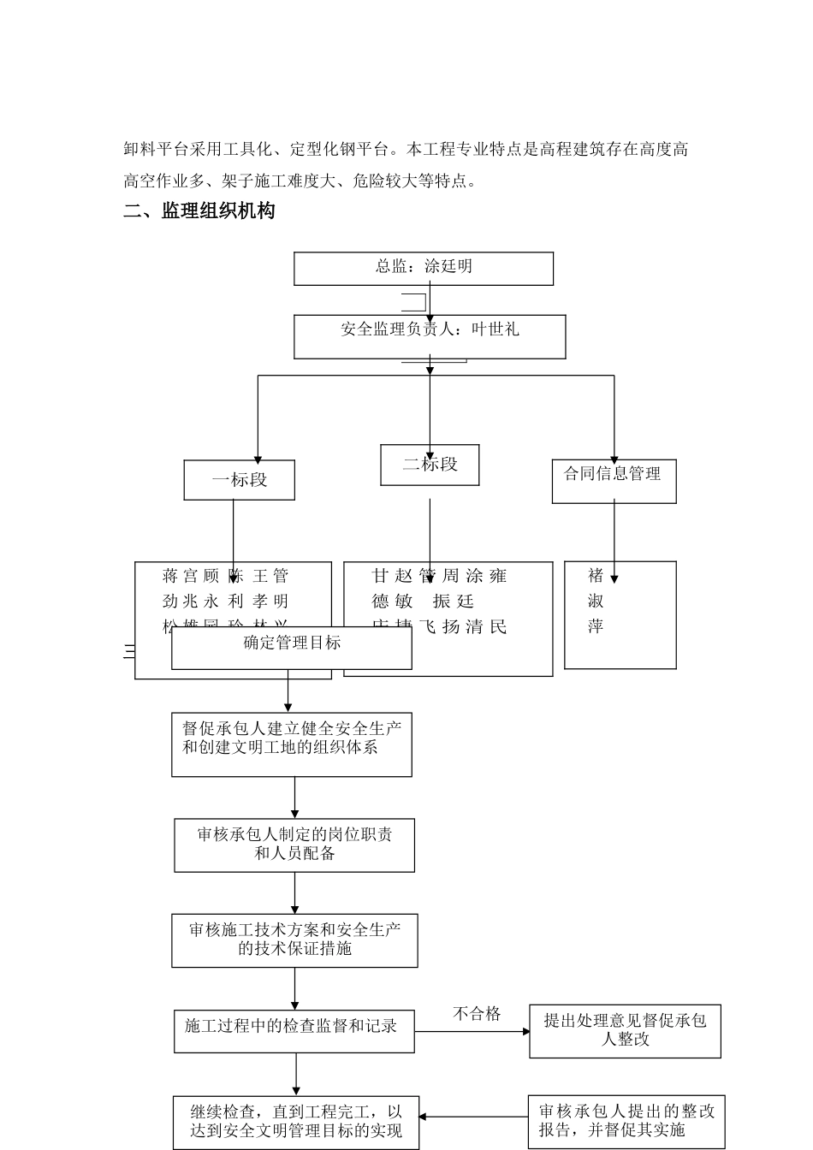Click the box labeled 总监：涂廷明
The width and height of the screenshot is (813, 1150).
pyautogui.click(x=424, y=268)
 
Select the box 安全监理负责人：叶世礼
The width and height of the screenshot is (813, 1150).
pyautogui.click(x=430, y=336)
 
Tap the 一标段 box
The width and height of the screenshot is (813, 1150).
pyautogui.click(x=240, y=480)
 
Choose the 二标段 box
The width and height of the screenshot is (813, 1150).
pyautogui.click(x=430, y=465)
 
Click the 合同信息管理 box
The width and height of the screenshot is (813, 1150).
pyautogui.click(x=614, y=481)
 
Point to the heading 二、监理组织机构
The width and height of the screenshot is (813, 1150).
pyautogui.click(x=199, y=211)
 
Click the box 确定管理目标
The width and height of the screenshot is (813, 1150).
pyautogui.click(x=292, y=649)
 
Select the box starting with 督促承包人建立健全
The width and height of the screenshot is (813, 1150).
pyautogui.click(x=292, y=744)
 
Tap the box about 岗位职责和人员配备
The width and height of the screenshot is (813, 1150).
pyautogui.click(x=294, y=845)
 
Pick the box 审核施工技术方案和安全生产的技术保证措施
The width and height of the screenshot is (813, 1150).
pyautogui.click(x=294, y=940)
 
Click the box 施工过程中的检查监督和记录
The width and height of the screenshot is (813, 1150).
pyautogui.click(x=294, y=1030)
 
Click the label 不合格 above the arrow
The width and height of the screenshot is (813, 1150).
pyautogui.click(x=477, y=1014)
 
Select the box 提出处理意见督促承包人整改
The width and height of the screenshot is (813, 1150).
pyautogui.click(x=625, y=1030)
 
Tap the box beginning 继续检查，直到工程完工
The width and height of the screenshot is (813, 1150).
pyautogui.click(x=296, y=1122)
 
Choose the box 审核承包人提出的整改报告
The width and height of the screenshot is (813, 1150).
pyautogui.click(x=626, y=1120)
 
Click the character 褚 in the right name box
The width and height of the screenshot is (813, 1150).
pyautogui.click(x=596, y=576)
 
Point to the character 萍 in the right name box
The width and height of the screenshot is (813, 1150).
pyautogui.click(x=596, y=627)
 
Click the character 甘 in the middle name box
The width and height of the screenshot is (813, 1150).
pyautogui.click(x=380, y=576)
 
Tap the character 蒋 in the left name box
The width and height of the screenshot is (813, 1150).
pyautogui.click(x=170, y=576)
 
